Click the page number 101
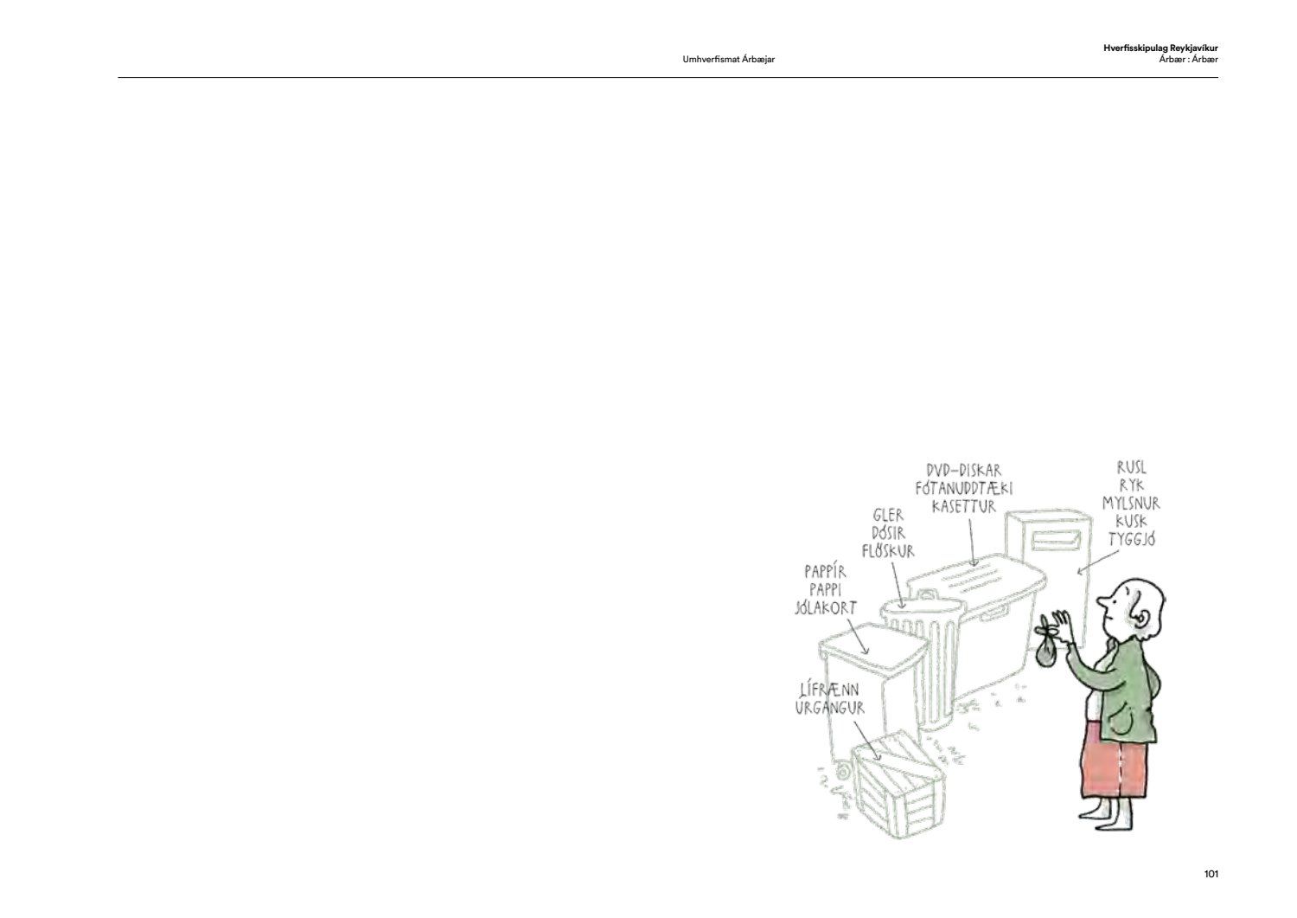click(x=1211, y=874)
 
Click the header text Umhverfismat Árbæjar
click(x=728, y=59)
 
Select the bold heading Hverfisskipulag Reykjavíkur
click(x=1160, y=48)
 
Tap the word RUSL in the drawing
click(x=1131, y=467)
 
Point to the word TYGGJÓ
click(x=1132, y=539)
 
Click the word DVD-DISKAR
click(x=963, y=470)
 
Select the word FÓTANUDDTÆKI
click(x=964, y=488)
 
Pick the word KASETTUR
click(x=964, y=506)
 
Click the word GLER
click(x=888, y=515)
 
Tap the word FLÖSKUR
click(x=888, y=550)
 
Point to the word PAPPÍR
click(x=825, y=572)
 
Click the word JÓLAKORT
click(x=826, y=608)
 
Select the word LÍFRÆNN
click(x=829, y=690)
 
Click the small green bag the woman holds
click(x=1045, y=655)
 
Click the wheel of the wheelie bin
click(x=844, y=773)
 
